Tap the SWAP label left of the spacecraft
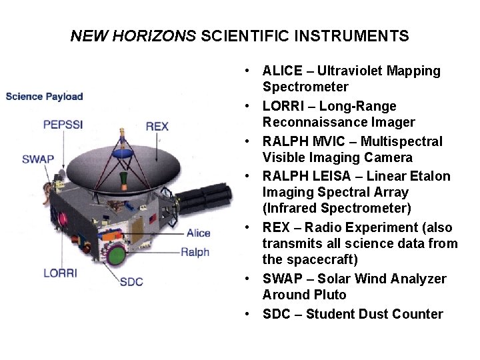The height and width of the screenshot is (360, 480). pos(38,159)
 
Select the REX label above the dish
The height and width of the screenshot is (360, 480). pos(157,126)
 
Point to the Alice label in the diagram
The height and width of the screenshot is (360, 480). pos(198,233)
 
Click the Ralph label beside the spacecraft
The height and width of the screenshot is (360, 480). pos(195,252)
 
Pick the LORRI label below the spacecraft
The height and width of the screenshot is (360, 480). pos(60,273)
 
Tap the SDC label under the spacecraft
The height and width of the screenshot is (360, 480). pos(131,281)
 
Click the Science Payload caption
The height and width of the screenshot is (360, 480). pos(44,96)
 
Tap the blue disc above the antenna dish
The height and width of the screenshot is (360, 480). pos(121,153)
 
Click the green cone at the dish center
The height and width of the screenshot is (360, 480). pos(123,179)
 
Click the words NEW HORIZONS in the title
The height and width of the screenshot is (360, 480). pos(133,36)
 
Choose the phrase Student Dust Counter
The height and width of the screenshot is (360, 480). pos(374,314)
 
